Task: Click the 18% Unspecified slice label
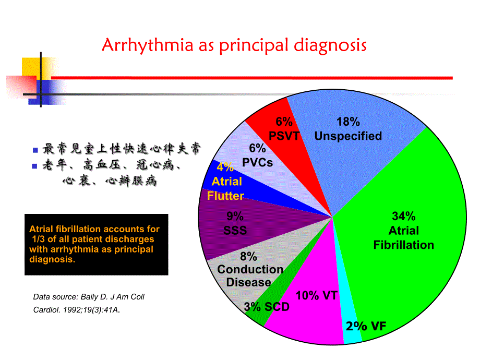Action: [348, 129]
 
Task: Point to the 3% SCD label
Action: [266, 307]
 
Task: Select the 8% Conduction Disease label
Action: [249, 269]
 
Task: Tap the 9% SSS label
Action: [235, 223]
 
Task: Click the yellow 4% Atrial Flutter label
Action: [226, 182]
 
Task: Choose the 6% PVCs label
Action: [257, 155]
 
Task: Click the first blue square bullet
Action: [35, 150]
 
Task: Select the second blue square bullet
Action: [35, 166]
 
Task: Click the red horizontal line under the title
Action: [250, 78]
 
